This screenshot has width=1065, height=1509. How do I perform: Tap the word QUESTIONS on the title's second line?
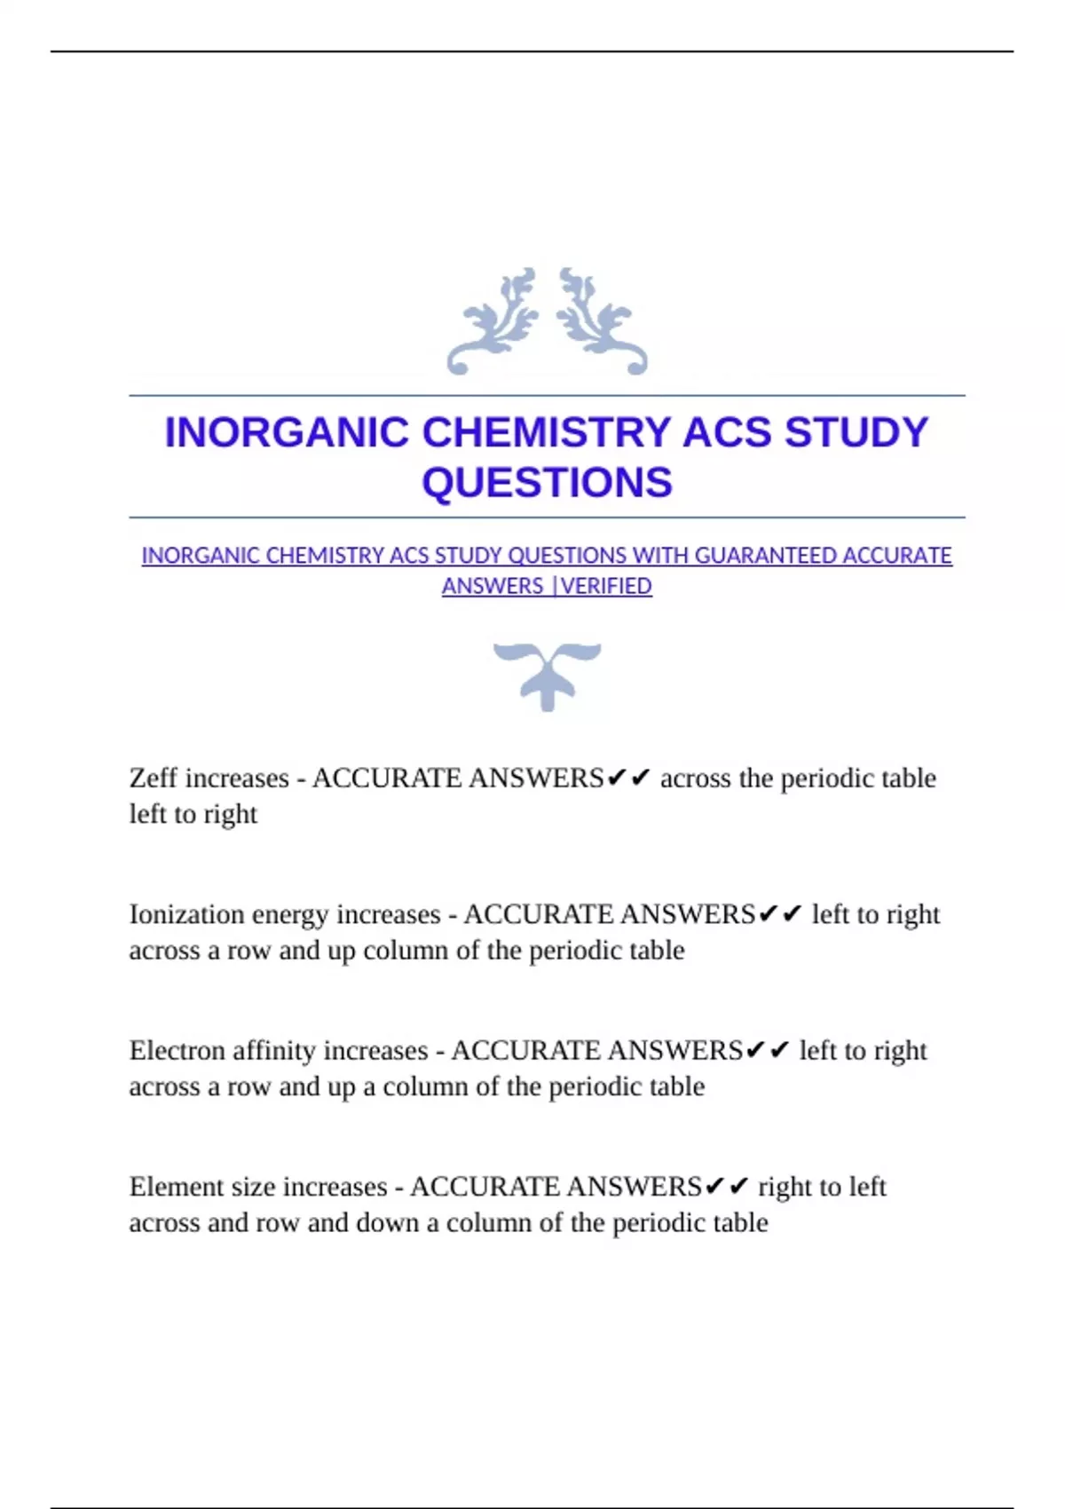[x=547, y=483]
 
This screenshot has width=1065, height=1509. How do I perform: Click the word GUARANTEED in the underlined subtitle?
[x=765, y=556]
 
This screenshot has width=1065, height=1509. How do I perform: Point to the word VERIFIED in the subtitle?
[x=606, y=587]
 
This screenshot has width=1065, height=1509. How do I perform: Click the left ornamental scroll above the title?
[x=493, y=321]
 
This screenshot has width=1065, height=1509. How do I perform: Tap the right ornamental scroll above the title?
[x=602, y=321]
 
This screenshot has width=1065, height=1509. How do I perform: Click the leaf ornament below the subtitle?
[x=547, y=675]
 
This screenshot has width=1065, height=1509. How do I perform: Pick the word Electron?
[x=177, y=1051]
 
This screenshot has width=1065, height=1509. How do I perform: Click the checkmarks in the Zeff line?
[x=628, y=778]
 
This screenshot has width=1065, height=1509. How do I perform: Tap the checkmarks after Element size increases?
[x=726, y=1187]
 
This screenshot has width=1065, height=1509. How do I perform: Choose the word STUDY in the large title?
[x=856, y=433]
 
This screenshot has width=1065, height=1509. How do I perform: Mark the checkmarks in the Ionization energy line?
[x=781, y=914]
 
